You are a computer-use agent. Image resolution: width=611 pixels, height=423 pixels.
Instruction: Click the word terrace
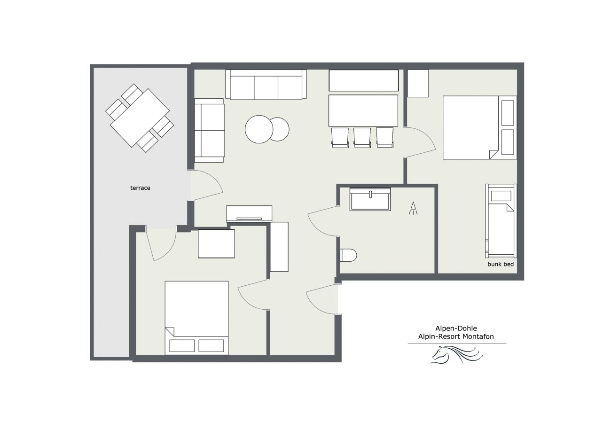[x=140, y=188]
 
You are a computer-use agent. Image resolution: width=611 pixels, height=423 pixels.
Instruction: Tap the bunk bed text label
[x=501, y=264]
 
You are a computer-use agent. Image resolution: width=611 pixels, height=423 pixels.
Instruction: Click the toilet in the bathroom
[x=348, y=255]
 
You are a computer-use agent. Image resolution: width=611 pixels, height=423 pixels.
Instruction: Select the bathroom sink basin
[x=370, y=199]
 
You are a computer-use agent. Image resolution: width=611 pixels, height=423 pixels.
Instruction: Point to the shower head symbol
[x=413, y=208]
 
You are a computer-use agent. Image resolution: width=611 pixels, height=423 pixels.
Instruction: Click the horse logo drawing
[x=457, y=354]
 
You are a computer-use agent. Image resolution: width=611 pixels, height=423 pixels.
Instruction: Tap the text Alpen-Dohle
[x=456, y=328]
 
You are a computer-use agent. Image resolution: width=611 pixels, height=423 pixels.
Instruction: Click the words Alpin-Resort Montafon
[x=456, y=337]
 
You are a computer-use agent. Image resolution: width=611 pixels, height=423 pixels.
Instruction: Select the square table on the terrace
[x=140, y=118]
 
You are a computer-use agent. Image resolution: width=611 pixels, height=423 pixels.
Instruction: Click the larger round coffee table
[x=259, y=129]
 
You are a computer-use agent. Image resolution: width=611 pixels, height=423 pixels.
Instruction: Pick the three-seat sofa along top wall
[x=266, y=85]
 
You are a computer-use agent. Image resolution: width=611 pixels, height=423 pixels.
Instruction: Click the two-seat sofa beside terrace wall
[x=209, y=130]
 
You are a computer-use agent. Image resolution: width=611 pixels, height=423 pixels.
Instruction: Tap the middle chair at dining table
[x=362, y=138]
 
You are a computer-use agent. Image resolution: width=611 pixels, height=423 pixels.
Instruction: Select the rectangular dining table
[x=363, y=110]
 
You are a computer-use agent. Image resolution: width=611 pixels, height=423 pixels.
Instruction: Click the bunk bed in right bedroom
[x=501, y=221]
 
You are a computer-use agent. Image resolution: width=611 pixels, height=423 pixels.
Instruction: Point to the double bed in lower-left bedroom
[x=196, y=318]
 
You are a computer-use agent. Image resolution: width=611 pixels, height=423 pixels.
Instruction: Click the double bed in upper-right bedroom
[x=480, y=127]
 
